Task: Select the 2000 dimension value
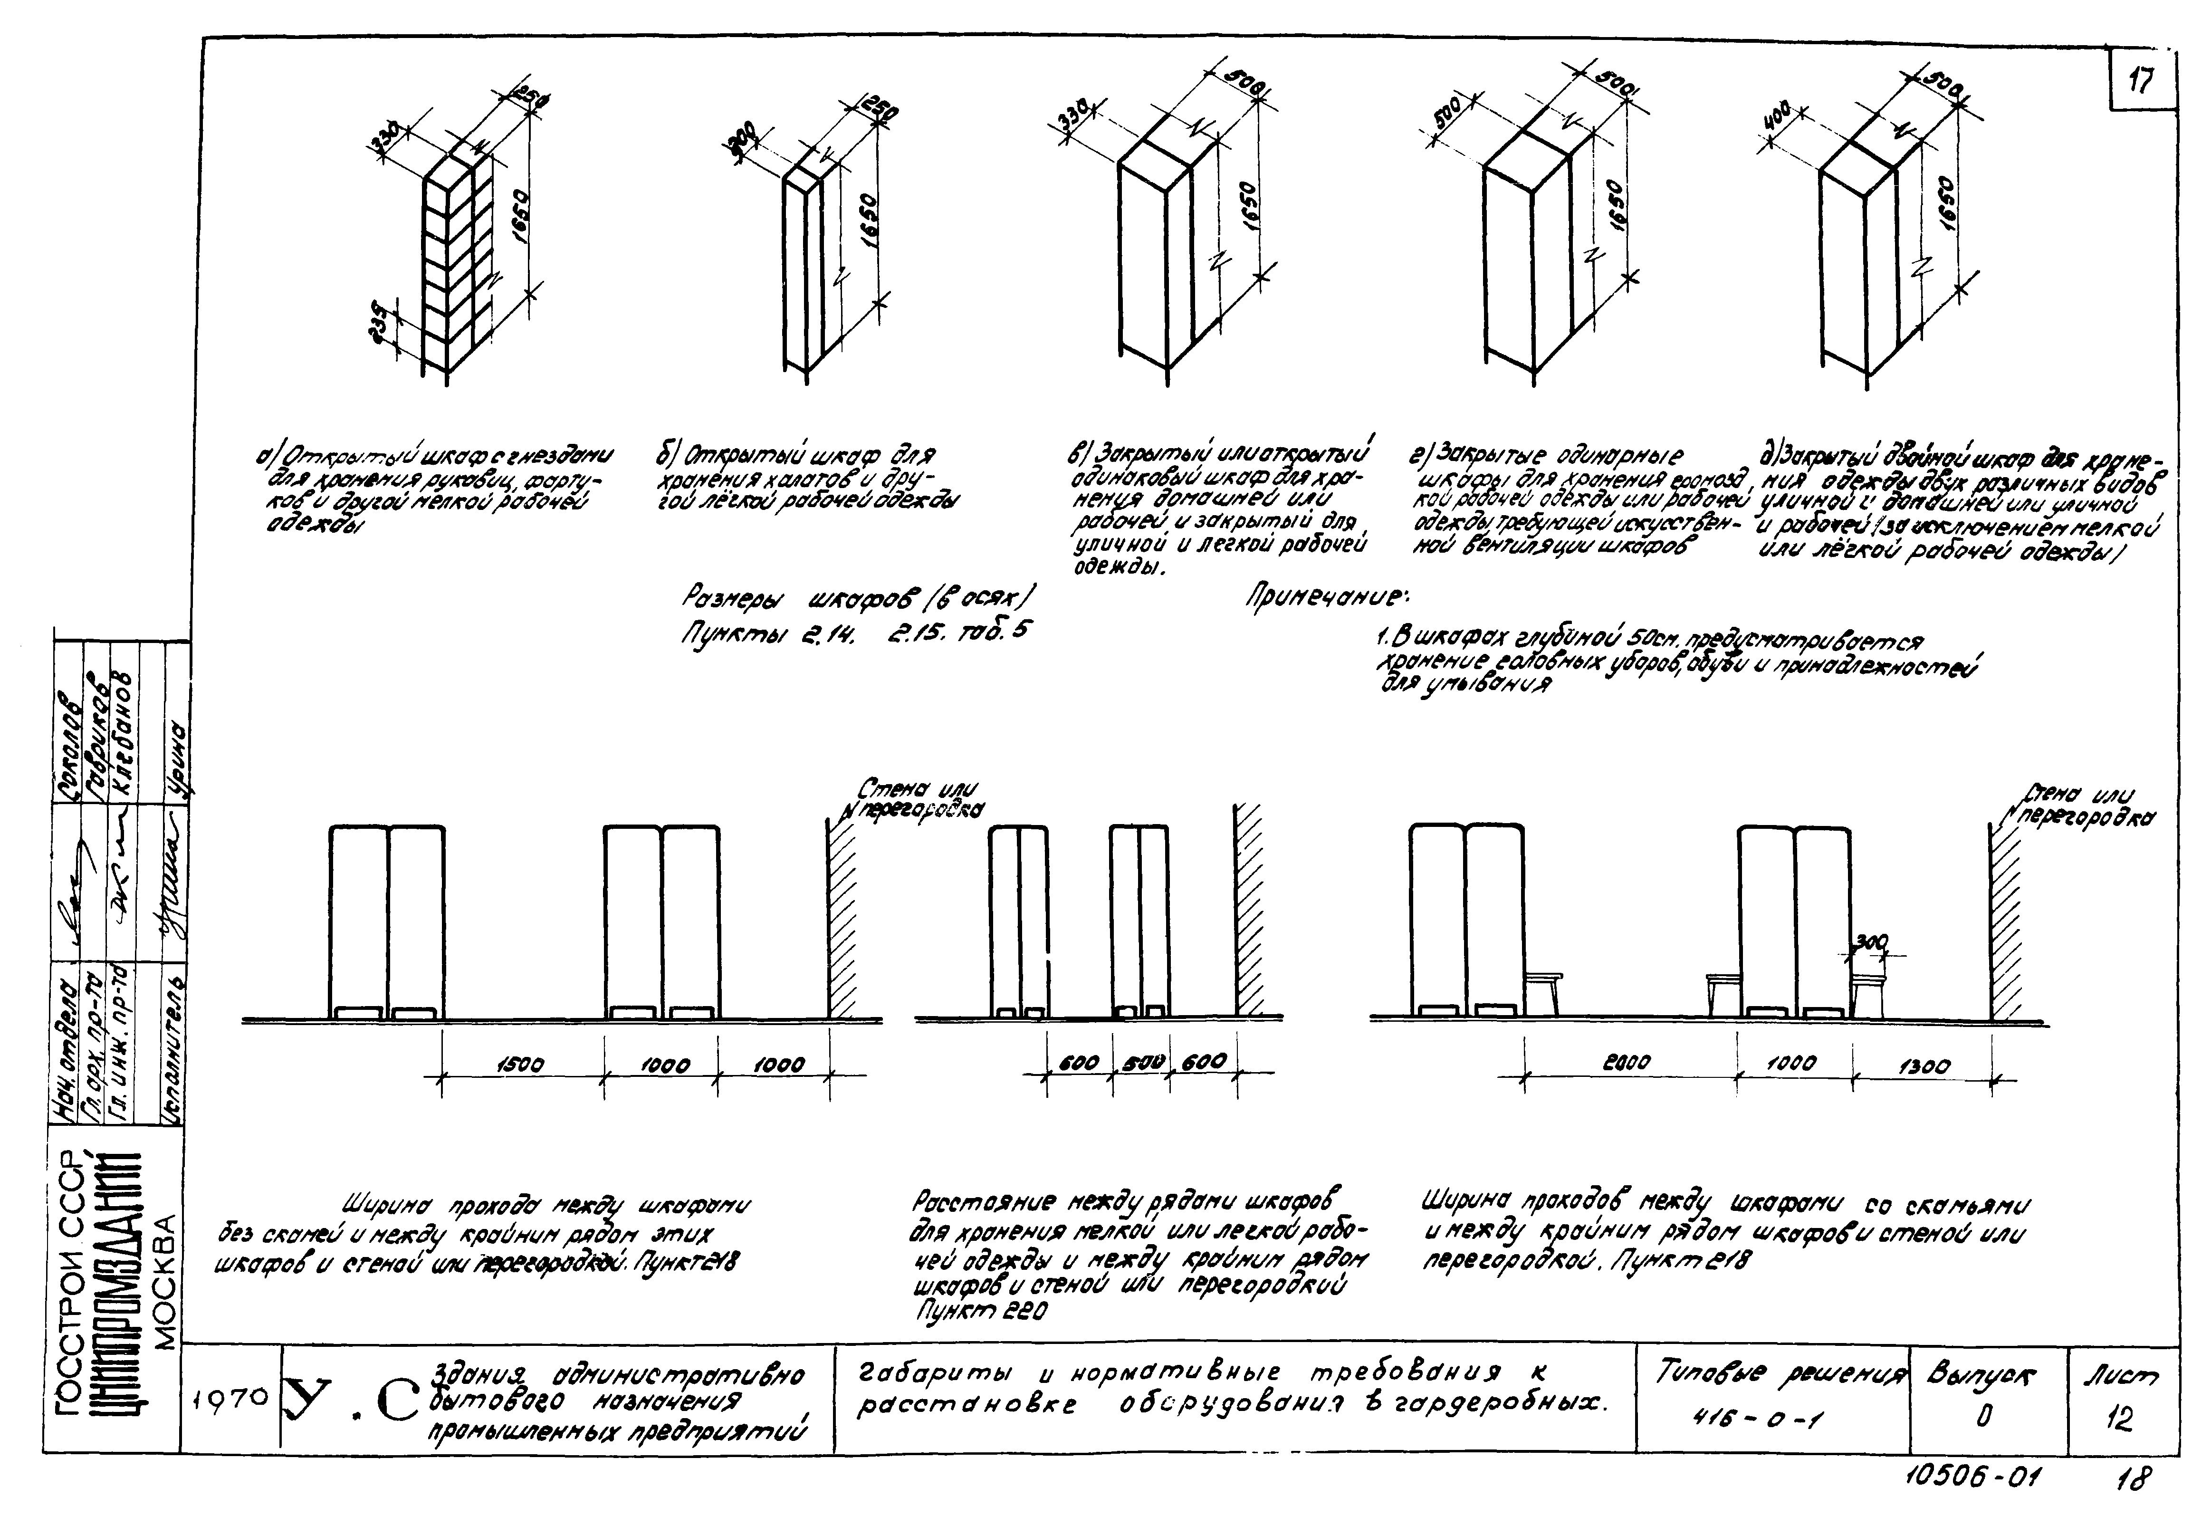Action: pos(1627,1062)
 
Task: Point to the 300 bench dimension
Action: pos(1870,941)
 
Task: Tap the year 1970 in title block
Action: pos(229,1399)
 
